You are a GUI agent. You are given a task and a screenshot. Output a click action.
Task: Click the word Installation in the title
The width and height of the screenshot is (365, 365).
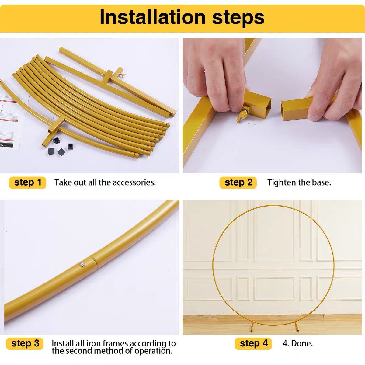pyautogui.click(x=153, y=17)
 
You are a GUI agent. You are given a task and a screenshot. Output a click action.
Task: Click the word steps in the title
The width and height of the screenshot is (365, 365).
pyautogui.click(x=238, y=18)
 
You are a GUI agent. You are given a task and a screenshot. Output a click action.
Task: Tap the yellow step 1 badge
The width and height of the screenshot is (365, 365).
pyautogui.click(x=28, y=182)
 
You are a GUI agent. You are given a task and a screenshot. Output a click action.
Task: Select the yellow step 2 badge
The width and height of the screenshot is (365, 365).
pyautogui.click(x=238, y=182)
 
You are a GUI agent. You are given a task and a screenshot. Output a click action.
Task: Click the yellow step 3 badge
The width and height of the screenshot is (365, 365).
pyautogui.click(x=25, y=344)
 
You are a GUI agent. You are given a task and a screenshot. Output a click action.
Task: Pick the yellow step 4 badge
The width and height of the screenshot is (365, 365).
pyautogui.click(x=253, y=344)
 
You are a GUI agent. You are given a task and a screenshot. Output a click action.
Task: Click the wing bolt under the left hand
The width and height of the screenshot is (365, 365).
pyautogui.click(x=242, y=114)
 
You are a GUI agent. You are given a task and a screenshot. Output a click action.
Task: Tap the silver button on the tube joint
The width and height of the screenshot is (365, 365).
pyautogui.click(x=82, y=264)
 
